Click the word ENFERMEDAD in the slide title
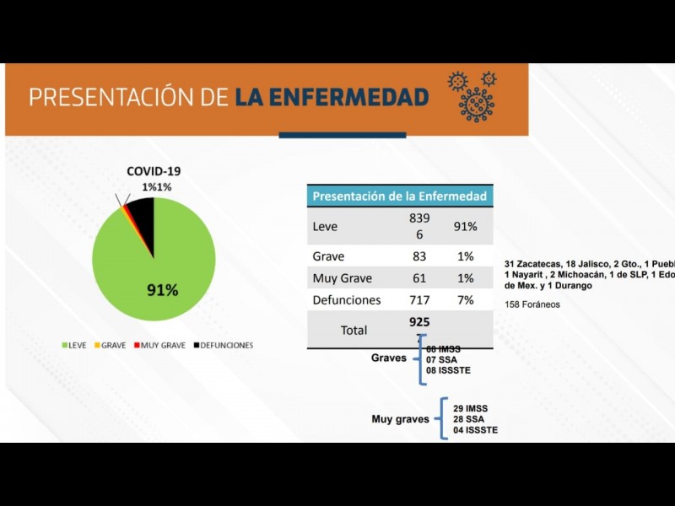coord(332,98)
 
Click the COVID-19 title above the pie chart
coord(154,170)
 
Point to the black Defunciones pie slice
coord(143,214)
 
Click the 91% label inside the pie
coord(163,290)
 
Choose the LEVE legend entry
coord(76,345)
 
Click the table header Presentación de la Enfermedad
coord(399,196)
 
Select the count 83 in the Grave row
coord(419,256)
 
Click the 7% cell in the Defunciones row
coord(466,300)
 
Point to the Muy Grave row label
coord(342,278)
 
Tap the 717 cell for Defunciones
coord(419,300)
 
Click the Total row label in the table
coord(354,331)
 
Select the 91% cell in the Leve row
coord(466,227)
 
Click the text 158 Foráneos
coord(532,304)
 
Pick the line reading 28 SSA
coord(469,419)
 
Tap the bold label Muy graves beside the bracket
coord(400,419)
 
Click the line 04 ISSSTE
coord(475,430)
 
